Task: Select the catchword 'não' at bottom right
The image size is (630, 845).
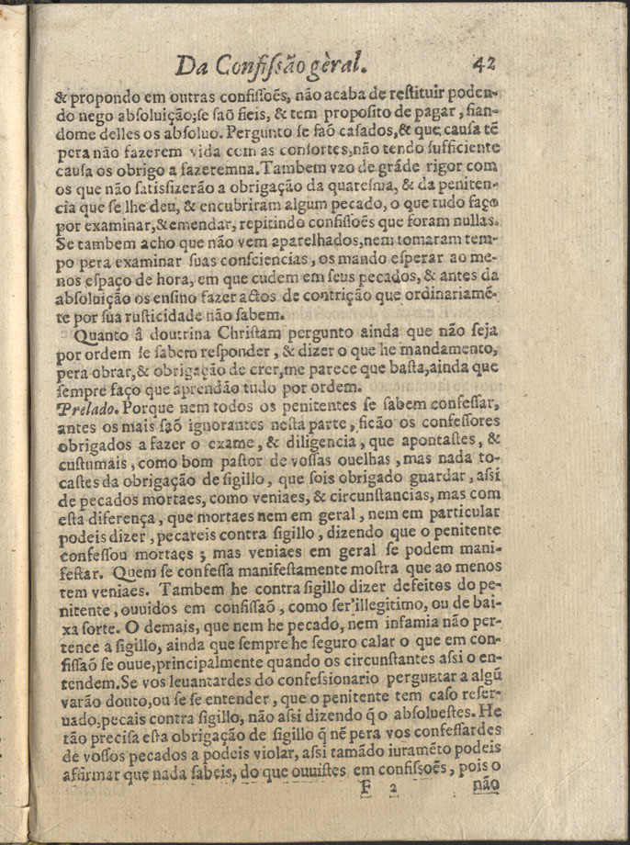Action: pyautogui.click(x=485, y=786)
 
